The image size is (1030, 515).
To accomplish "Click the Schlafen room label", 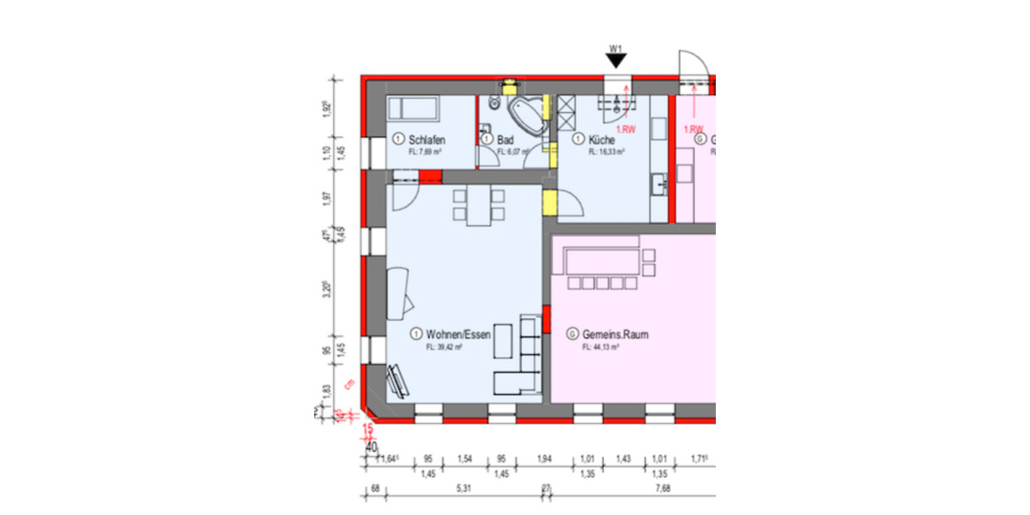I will [x=427, y=139].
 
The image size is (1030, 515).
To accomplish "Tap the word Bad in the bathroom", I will [x=506, y=139].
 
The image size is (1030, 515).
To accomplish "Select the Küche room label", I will [x=602, y=139].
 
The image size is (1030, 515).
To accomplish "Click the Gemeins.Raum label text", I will [x=615, y=334].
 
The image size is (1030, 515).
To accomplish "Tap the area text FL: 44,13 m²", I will [x=600, y=348].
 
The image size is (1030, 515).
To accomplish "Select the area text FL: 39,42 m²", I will [x=444, y=348].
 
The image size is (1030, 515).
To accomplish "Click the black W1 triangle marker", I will [x=615, y=60].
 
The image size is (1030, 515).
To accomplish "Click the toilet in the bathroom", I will [x=494, y=104].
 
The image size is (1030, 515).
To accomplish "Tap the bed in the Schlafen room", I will [x=413, y=109].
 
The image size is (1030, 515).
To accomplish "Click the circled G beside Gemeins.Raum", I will [x=572, y=334].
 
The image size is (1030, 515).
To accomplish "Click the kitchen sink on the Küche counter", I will [x=657, y=183].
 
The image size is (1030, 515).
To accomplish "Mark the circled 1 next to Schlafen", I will [x=397, y=139].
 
